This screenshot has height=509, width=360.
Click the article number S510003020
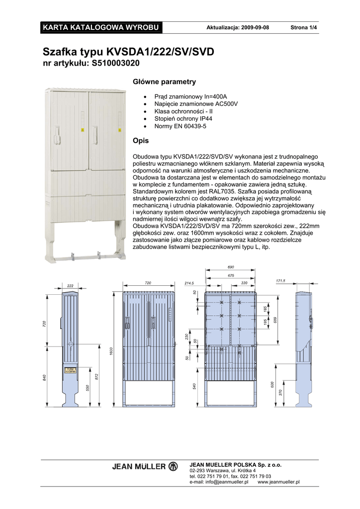115,63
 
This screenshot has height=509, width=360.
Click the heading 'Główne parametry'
164,82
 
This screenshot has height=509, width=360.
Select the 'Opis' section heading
141,141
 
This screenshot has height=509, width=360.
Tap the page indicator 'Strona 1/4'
303,27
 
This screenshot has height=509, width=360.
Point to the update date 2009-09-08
255,27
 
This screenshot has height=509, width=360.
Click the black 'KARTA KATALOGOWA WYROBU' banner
101,27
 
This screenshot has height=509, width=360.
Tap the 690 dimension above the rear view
231,267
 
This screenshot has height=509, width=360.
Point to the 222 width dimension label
70,286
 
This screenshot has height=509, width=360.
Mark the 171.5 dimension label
280,281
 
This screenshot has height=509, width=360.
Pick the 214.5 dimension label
189,283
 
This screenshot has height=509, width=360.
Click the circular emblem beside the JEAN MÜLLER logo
173,467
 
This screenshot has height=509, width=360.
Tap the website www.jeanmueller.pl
278,482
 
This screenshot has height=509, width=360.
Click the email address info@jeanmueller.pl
219,482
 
